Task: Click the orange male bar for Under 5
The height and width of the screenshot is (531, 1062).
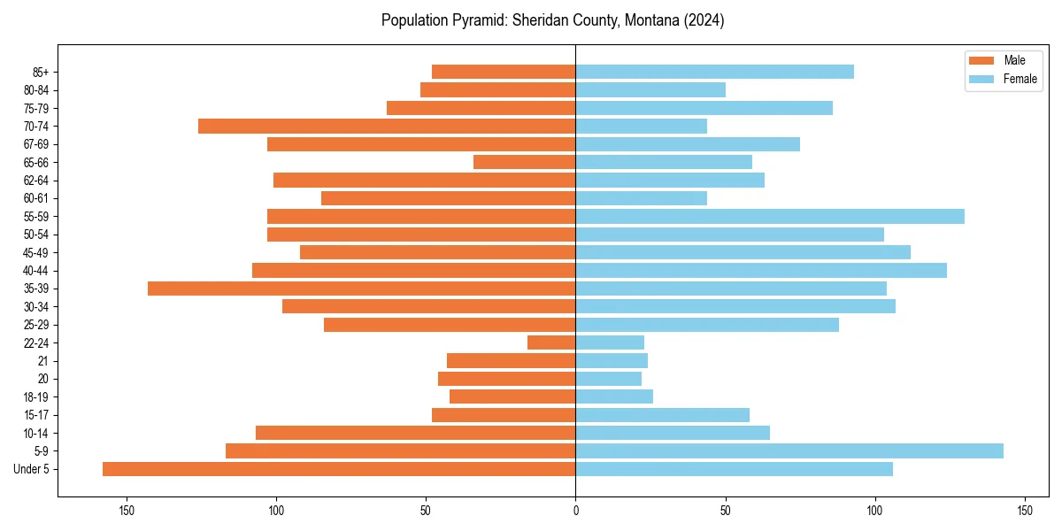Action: (339, 469)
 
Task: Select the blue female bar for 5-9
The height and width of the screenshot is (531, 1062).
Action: (789, 451)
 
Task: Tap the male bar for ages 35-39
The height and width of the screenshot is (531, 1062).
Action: (361, 289)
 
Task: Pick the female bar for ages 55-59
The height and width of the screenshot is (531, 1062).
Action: (770, 217)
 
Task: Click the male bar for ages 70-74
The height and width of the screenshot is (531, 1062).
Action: (387, 127)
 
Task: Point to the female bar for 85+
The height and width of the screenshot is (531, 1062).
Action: (714, 72)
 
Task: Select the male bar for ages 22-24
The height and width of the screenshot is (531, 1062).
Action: (551, 342)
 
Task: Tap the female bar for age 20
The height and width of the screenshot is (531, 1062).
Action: (609, 379)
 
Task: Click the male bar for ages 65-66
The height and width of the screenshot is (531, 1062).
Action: (524, 162)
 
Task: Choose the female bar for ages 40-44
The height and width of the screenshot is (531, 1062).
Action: (761, 271)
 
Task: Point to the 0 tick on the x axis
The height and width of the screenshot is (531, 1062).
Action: (575, 511)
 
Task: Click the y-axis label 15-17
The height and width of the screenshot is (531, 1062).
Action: (36, 415)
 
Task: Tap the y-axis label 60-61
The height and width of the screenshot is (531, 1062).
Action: (36, 198)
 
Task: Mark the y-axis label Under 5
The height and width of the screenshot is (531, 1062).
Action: (32, 469)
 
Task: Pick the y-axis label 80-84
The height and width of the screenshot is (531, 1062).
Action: (36, 90)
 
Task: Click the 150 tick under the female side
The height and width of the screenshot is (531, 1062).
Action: (1025, 511)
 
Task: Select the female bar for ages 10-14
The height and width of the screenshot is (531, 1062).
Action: (673, 433)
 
